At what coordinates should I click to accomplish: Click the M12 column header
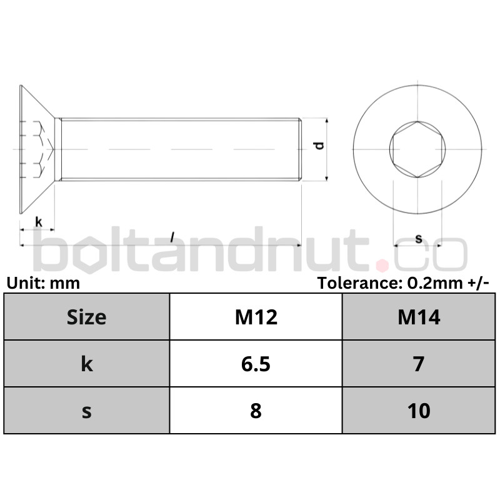256,317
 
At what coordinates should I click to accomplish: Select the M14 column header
419,317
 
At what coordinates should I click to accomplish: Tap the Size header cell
86,317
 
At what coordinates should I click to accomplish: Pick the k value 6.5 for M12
256,364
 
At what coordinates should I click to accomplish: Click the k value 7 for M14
419,364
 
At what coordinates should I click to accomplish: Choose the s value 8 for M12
256,411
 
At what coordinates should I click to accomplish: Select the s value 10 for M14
419,411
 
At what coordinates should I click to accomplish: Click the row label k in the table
87,364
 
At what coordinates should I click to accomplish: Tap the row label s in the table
87,411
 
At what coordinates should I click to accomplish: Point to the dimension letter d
319,146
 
